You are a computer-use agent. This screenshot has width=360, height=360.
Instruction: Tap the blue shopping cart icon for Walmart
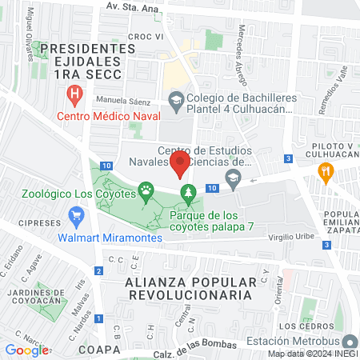pos(77,215)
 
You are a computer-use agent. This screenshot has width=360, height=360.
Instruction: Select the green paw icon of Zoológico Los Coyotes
pos(146,191)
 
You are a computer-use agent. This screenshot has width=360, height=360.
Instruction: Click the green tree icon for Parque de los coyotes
pos(189,192)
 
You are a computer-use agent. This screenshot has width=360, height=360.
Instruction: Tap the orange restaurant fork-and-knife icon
pos(325,170)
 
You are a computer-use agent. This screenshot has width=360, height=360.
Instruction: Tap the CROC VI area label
pos(146,37)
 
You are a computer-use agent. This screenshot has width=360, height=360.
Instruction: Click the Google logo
pos(26,350)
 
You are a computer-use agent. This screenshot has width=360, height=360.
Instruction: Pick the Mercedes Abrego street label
pos(242,45)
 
